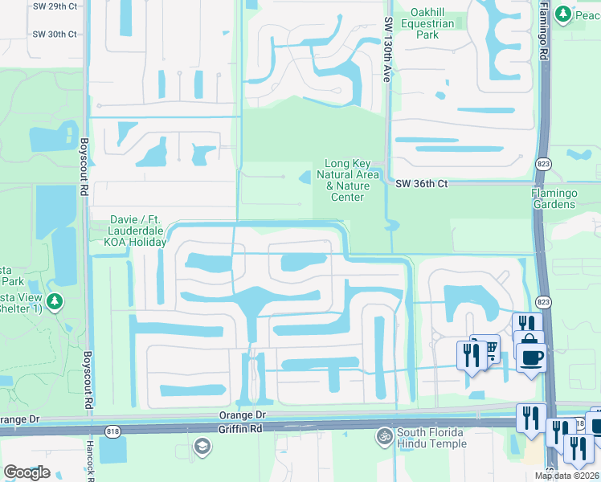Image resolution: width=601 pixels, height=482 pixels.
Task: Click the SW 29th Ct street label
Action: (55, 6)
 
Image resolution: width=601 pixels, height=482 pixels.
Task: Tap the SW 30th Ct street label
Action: (55, 35)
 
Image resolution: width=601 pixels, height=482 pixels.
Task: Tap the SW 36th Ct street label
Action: (421, 184)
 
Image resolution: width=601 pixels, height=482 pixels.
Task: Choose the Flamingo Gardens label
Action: (565, 198)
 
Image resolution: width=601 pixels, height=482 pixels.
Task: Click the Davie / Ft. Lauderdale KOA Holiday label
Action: (138, 231)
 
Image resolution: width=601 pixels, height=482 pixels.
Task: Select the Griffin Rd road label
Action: (246, 429)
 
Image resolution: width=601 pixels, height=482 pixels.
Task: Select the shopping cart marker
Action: (487, 347)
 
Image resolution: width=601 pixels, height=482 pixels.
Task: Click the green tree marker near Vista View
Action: (55, 303)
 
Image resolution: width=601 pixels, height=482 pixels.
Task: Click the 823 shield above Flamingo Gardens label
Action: (543, 164)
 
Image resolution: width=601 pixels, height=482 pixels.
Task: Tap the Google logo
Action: (27, 472)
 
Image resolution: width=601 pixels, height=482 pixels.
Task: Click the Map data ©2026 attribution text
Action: (567, 476)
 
